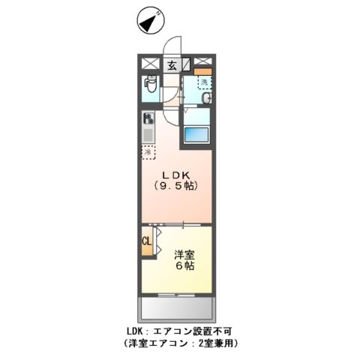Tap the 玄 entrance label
172,64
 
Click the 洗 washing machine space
203,83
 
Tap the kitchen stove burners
148,118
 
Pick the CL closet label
147,241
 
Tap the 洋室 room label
184,254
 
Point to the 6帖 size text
184,267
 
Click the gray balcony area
176,310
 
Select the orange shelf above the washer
204,72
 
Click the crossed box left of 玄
149,64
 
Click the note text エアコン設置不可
199,331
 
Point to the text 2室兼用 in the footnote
214,344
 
